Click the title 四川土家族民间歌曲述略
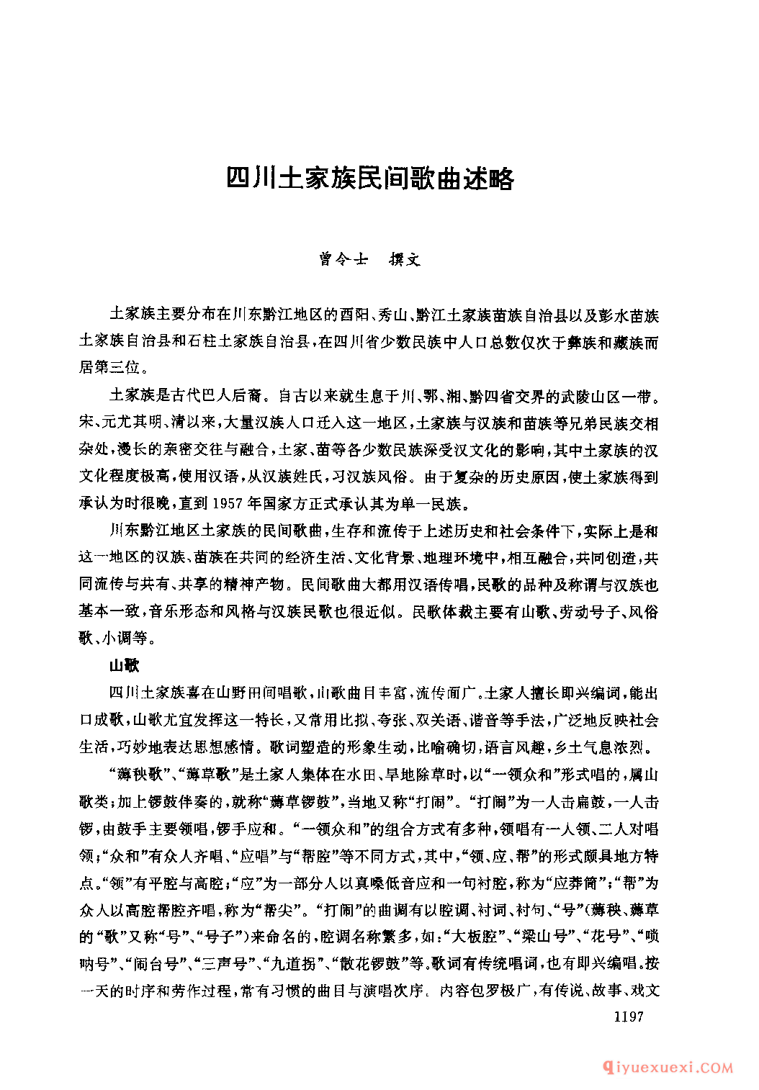click(370, 179)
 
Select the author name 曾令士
click(343, 260)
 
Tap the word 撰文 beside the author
click(405, 260)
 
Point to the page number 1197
click(628, 1017)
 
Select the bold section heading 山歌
click(124, 665)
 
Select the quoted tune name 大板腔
click(477, 937)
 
